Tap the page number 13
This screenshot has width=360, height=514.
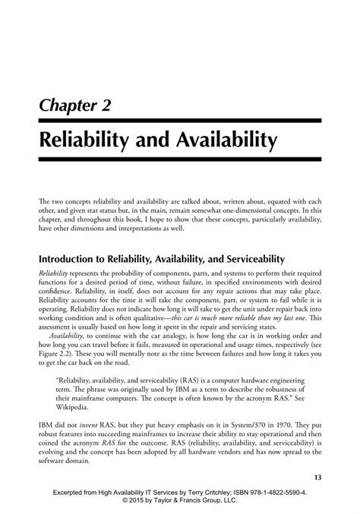tap(318, 477)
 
